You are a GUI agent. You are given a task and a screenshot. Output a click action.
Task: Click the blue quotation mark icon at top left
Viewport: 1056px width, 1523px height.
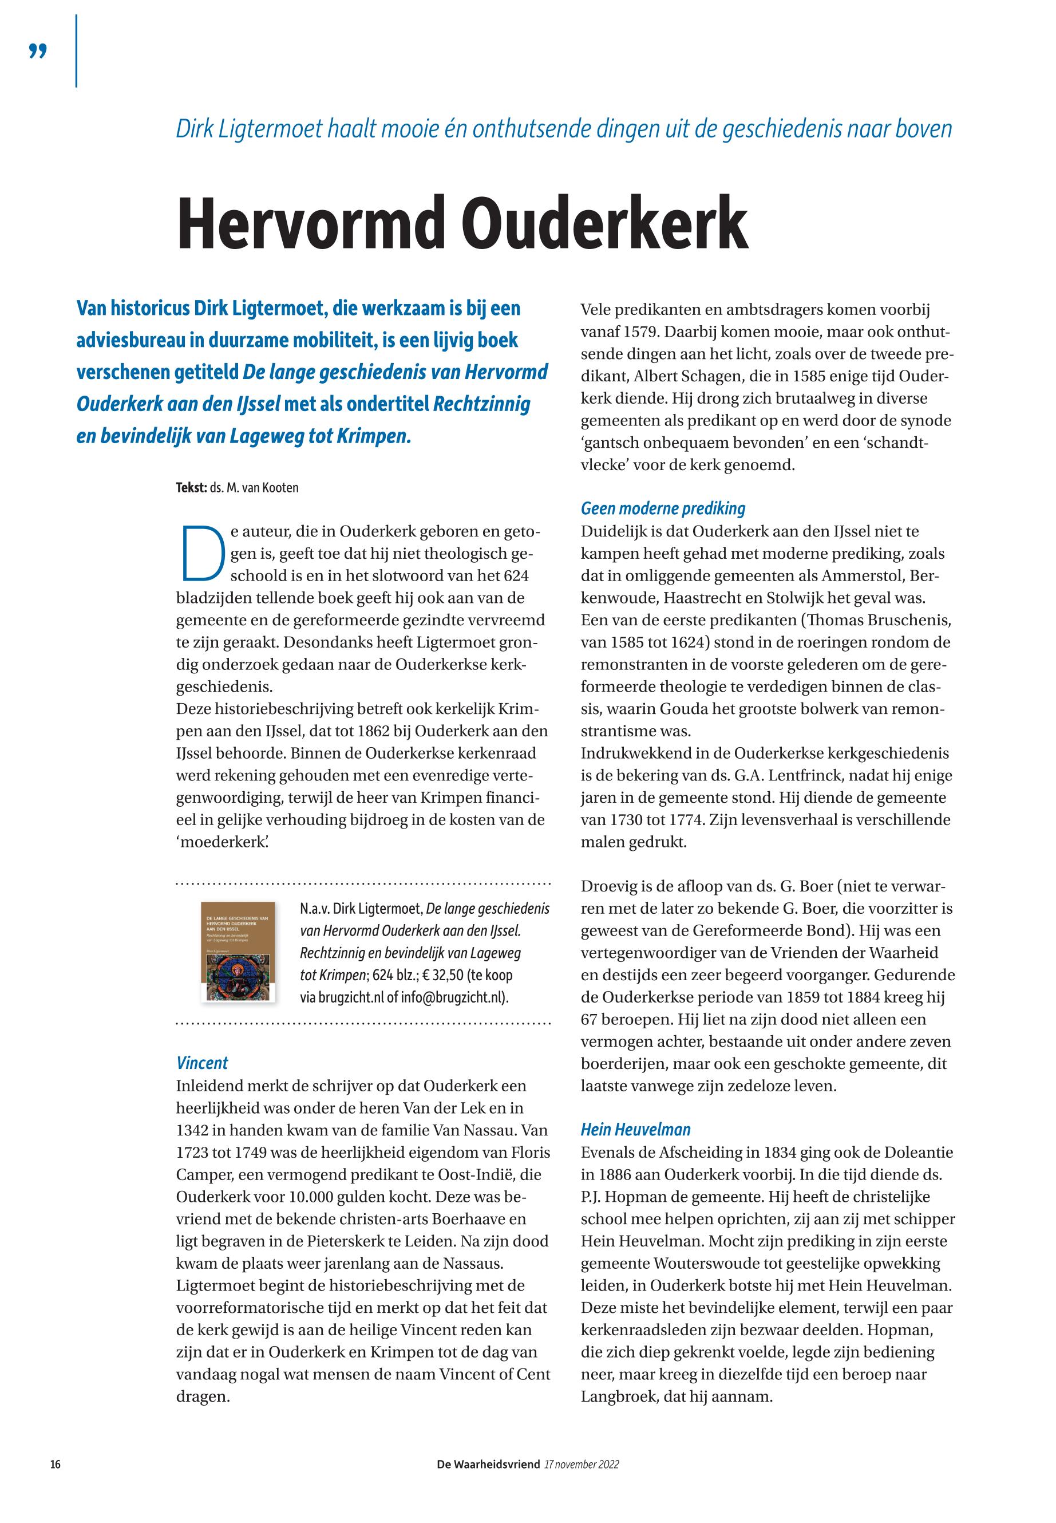pyautogui.click(x=38, y=51)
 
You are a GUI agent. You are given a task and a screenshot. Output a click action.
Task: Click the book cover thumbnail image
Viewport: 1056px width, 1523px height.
pyautogui.click(x=238, y=951)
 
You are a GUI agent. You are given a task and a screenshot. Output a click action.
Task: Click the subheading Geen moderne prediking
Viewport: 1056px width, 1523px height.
pyautogui.click(x=663, y=508)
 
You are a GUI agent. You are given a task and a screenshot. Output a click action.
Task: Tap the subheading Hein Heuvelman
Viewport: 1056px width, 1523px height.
pyautogui.click(x=635, y=1130)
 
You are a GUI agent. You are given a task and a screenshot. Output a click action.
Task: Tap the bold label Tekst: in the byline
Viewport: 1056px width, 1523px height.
pyautogui.click(x=191, y=488)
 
